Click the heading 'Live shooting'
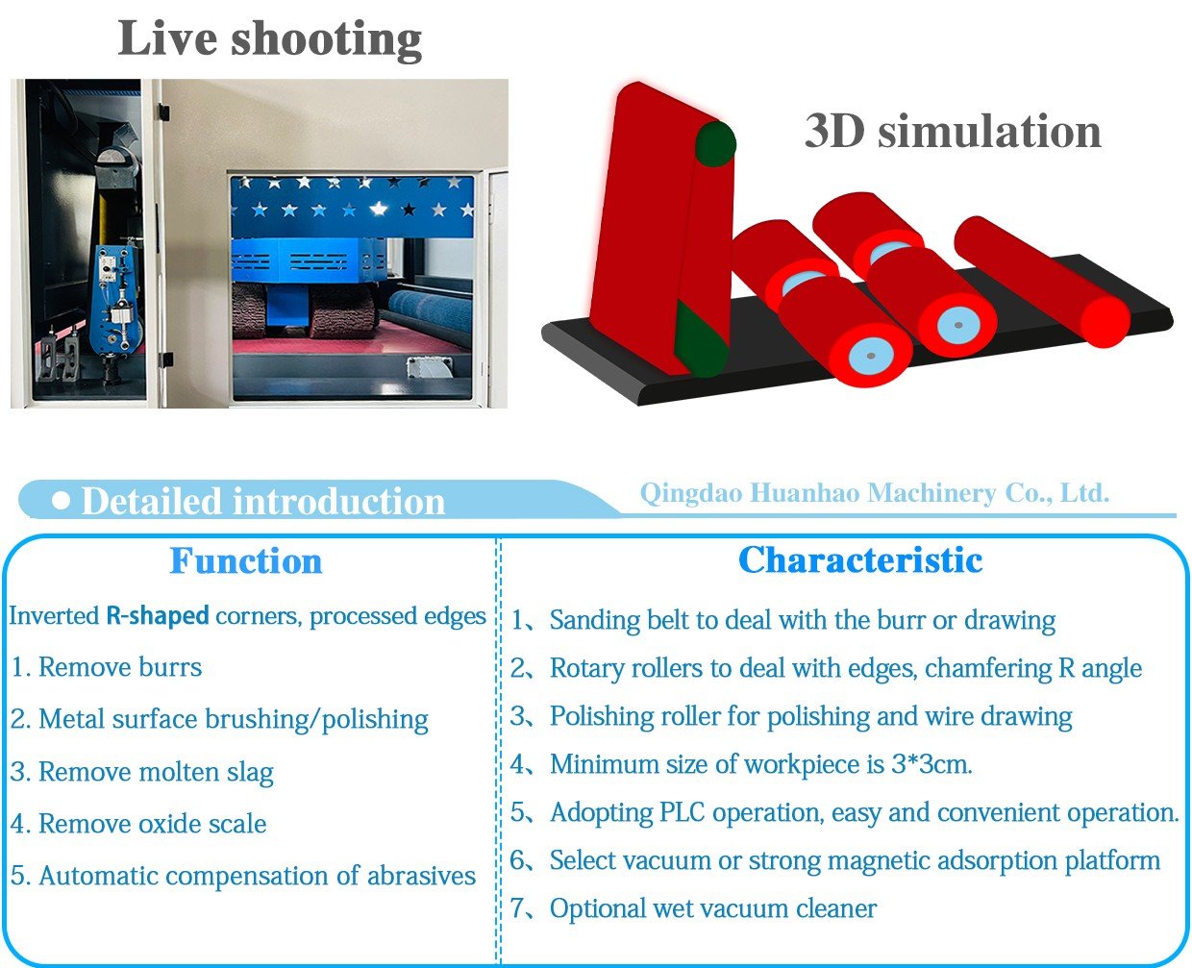[x=270, y=39]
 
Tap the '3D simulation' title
[x=953, y=131]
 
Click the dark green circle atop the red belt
[x=715, y=144]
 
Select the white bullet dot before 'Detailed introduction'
[x=61, y=500]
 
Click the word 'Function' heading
[x=246, y=560]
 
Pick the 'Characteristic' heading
[x=860, y=559]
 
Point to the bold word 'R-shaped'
[x=158, y=615]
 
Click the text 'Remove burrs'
[x=120, y=667]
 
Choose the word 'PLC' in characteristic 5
[x=683, y=812]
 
